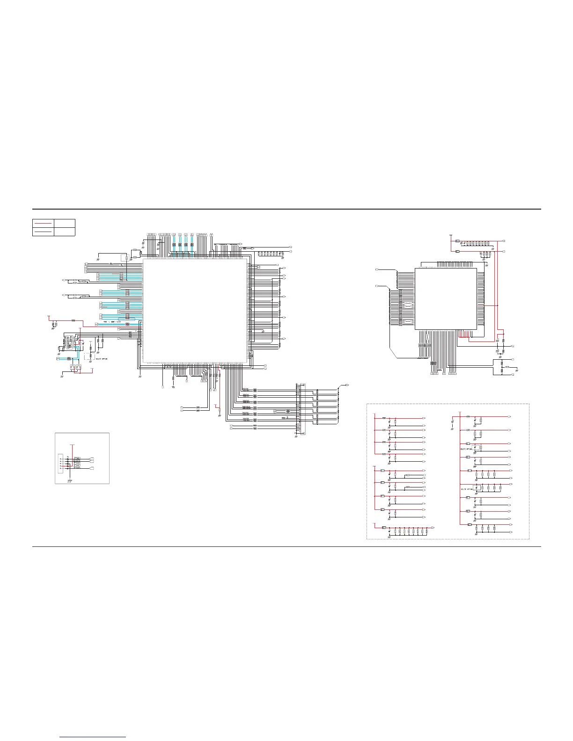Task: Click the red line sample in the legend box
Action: [x=43, y=223]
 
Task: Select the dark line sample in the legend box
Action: [x=43, y=231]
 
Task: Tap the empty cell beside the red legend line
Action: [x=64, y=223]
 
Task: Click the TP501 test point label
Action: [x=77, y=458]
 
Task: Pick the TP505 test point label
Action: [x=77, y=468]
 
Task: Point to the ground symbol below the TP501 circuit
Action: [x=69, y=480]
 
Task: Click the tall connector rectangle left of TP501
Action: [x=59, y=463]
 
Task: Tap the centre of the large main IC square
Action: [x=195, y=311]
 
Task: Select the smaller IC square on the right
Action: [x=446, y=298]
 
